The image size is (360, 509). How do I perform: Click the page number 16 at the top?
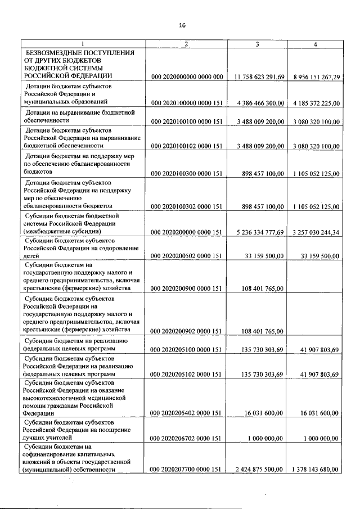(182, 25)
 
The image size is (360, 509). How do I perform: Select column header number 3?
(257, 44)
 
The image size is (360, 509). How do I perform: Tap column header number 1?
(83, 44)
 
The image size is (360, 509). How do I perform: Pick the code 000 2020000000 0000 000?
(187, 76)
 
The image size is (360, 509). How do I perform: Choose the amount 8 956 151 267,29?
(316, 76)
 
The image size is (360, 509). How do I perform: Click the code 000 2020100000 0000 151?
(187, 102)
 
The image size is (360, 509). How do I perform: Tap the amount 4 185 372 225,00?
(316, 102)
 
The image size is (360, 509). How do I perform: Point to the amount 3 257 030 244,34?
(316, 232)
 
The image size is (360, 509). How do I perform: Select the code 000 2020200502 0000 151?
(187, 255)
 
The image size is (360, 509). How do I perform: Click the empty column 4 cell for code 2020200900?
(316, 276)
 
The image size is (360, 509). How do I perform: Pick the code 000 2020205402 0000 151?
(187, 412)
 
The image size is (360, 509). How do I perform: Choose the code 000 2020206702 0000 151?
(187, 438)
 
